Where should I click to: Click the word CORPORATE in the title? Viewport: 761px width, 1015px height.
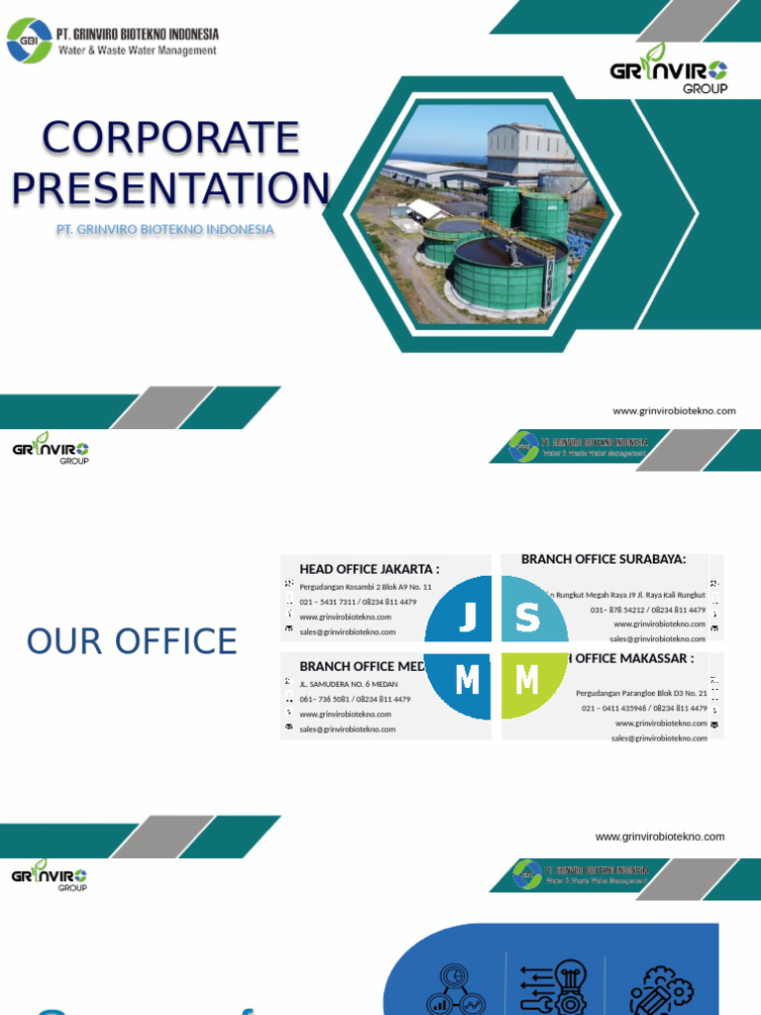pos(170,138)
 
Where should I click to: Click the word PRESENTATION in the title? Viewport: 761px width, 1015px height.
pos(170,188)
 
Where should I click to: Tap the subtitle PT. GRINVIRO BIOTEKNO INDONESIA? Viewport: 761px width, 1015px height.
pos(165,230)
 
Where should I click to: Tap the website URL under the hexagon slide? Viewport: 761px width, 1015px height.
pos(674,411)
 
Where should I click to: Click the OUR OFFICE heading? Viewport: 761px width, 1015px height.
pos(132,642)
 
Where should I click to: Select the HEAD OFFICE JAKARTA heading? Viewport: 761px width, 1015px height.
pos(369,569)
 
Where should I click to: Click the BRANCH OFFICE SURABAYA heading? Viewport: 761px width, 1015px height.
pos(603,559)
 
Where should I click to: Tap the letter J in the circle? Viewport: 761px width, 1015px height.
pos(468,620)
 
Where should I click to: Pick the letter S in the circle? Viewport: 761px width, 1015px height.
pos(528,620)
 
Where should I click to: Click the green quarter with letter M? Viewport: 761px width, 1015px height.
pos(527,681)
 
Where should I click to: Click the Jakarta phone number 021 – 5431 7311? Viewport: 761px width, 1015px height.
pos(358,602)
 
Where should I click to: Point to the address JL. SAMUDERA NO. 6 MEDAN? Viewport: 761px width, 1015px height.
pos(349,684)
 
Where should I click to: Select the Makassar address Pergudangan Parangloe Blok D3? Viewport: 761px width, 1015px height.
pos(641,693)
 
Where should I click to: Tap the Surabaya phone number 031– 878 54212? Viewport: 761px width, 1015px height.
pos(647,610)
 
